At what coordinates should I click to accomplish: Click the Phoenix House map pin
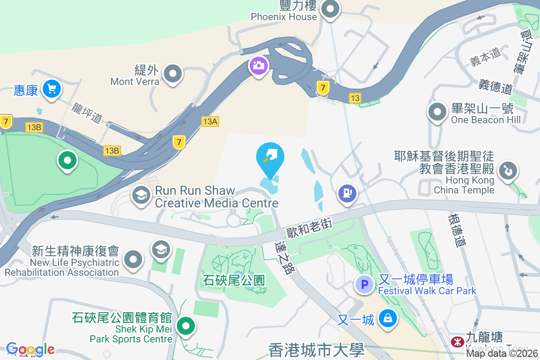click(330, 9)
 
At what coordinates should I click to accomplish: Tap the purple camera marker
click(258, 66)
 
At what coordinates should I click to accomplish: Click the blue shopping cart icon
click(52, 89)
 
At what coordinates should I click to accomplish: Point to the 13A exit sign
click(210, 121)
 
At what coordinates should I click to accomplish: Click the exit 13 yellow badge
click(355, 98)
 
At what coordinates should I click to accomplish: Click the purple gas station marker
click(347, 193)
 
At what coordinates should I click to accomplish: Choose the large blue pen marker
click(270, 157)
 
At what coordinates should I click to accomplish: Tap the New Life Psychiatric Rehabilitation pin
click(133, 260)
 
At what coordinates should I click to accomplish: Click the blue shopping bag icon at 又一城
click(387, 318)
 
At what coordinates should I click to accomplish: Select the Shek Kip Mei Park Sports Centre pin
click(185, 326)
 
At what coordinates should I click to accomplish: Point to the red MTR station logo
click(458, 342)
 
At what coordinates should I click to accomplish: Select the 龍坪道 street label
click(86, 113)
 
